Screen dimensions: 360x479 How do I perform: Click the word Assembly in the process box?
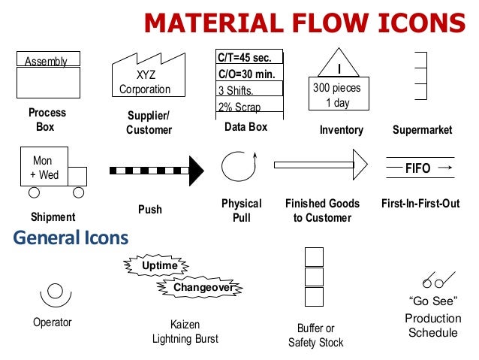[47, 62]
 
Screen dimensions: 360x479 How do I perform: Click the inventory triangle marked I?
[339, 62]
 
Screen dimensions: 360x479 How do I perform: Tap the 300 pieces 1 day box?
[337, 95]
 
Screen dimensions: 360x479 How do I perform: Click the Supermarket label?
[422, 130]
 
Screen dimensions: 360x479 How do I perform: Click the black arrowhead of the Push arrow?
[196, 170]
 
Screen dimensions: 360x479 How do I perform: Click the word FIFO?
[417, 169]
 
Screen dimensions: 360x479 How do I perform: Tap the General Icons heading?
[71, 239]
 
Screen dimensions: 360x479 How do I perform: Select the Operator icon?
[53, 292]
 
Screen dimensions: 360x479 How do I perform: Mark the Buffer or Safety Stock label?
[315, 335]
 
